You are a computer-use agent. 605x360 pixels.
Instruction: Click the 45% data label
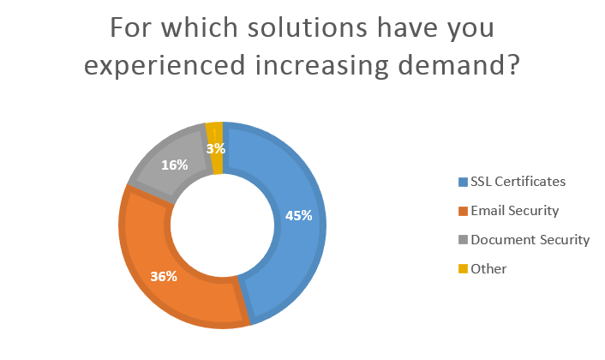click(298, 216)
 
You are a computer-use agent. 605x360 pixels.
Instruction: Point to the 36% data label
click(163, 276)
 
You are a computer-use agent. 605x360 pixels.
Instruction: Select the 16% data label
click(174, 165)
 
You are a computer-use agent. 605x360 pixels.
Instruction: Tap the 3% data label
click(216, 148)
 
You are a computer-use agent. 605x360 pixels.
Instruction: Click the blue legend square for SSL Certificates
click(464, 182)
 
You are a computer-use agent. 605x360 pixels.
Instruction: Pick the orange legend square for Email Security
click(464, 211)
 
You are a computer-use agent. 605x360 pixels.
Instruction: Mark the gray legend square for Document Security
click(464, 240)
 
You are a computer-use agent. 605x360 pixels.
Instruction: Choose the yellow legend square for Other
click(464, 269)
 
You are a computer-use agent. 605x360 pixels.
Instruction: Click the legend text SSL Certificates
click(518, 182)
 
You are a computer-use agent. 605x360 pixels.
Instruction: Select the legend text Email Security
click(515, 211)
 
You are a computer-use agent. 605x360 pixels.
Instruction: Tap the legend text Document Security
click(530, 240)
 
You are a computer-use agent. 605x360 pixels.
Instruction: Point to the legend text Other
click(489, 269)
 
